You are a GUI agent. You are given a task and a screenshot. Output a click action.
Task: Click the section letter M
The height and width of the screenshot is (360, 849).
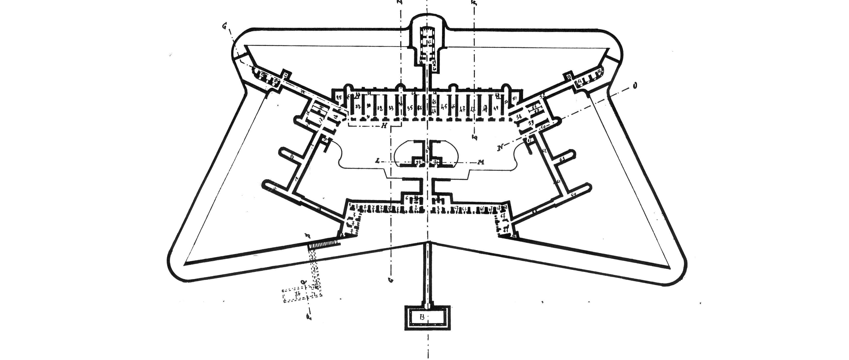pos(482,162)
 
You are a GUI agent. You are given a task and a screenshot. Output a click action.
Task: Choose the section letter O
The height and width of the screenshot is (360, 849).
pos(634,86)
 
